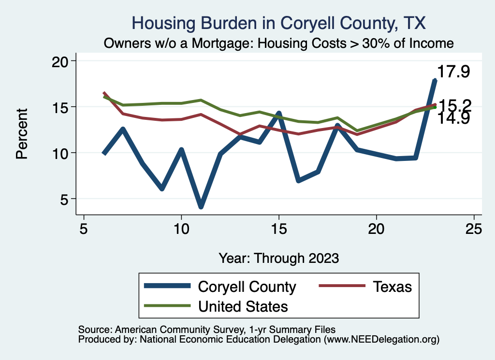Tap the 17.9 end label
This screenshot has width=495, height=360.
tap(453, 72)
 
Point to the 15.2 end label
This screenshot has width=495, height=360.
tap(454, 105)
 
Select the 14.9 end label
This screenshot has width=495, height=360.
tap(453, 118)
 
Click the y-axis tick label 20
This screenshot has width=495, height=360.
tap(61, 61)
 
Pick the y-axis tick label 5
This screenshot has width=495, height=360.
tap(65, 199)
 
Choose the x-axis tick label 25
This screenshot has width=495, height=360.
tap(474, 229)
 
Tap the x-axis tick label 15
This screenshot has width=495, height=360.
tap(278, 229)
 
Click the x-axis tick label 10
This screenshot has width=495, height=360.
tap(181, 229)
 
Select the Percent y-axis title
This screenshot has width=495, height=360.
tap(22, 133)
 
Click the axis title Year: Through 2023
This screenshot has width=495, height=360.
tap(278, 258)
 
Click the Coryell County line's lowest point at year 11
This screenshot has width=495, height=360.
tap(201, 206)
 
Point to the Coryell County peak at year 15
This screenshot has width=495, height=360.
tap(278, 114)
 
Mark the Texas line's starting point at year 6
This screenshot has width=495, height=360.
tap(104, 93)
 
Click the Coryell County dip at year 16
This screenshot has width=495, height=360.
tap(298, 180)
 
